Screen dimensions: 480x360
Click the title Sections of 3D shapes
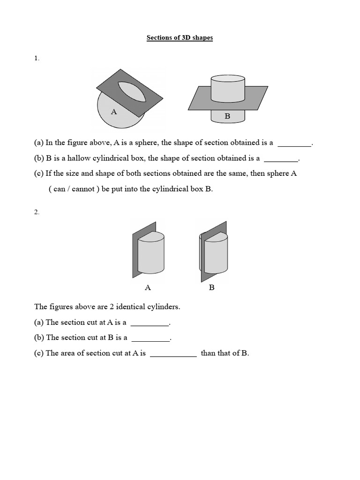point(180,37)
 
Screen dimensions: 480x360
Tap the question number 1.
point(37,58)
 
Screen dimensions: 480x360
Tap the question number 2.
point(37,212)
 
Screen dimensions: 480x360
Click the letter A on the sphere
point(113,112)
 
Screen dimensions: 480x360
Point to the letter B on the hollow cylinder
point(227,116)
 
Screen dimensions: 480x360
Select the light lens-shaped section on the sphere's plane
point(132,91)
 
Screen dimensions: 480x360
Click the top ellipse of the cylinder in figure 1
point(227,78)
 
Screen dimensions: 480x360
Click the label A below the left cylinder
point(148,287)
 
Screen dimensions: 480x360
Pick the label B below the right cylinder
point(211,287)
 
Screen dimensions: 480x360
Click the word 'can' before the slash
point(60,190)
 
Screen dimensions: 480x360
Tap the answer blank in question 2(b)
point(150,338)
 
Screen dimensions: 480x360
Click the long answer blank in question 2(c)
point(173,354)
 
